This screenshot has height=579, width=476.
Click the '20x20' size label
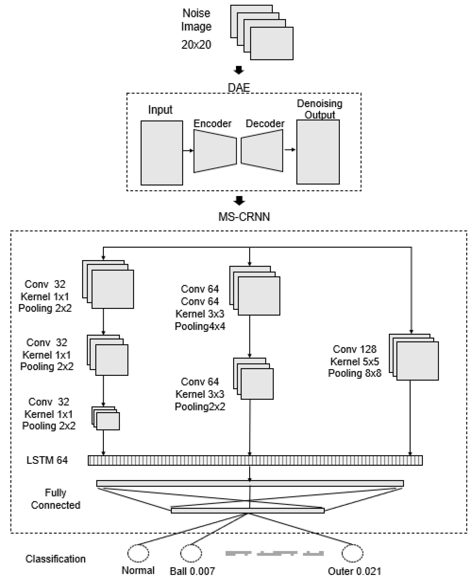coord(196,44)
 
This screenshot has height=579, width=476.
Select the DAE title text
coord(239,88)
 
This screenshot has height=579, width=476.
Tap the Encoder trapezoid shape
coord(215,151)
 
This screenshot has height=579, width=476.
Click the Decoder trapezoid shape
coord(262,151)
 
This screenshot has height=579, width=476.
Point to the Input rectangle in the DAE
coord(162,153)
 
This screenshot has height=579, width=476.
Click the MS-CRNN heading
coord(244,217)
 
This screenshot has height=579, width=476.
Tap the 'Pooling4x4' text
coord(200,326)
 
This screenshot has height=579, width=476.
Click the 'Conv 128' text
coord(354,349)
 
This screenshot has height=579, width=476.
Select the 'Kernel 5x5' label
coord(354,362)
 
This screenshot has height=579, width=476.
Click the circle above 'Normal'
coord(138,553)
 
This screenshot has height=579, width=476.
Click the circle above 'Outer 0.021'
coord(352,553)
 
